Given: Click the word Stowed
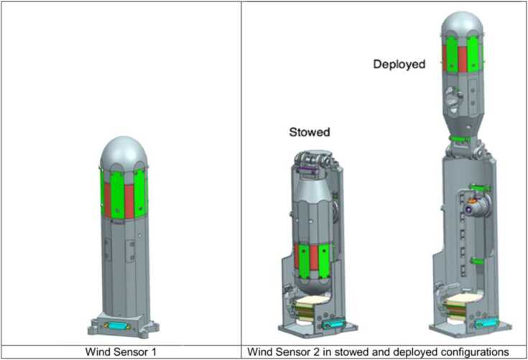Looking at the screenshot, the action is tap(309, 132).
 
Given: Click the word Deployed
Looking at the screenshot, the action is tap(399, 64).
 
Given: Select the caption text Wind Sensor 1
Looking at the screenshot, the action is tap(121, 351).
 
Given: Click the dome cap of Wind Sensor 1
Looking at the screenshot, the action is tap(124, 151).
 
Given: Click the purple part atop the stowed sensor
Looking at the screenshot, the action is tap(308, 169).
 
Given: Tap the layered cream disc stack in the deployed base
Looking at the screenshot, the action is tap(460, 306).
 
